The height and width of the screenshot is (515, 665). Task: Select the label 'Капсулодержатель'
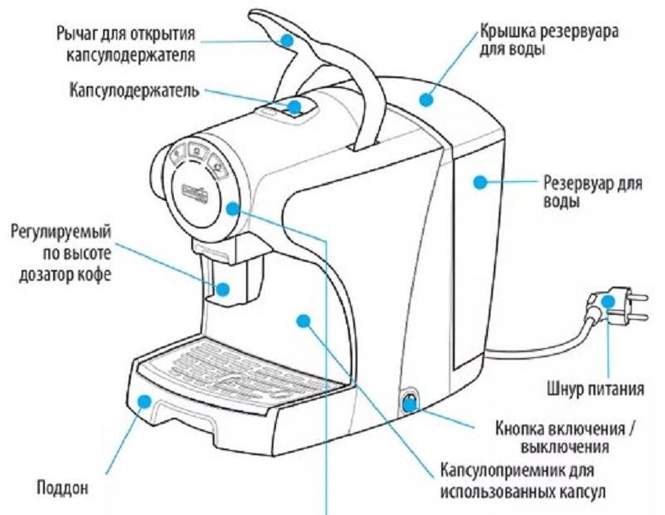pyautogui.click(x=134, y=89)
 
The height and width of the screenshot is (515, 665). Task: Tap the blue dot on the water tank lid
pyautogui.click(x=426, y=100)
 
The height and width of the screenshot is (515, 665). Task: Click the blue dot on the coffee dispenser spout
pyautogui.click(x=223, y=289)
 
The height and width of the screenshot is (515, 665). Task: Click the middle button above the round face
pyautogui.click(x=195, y=150)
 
